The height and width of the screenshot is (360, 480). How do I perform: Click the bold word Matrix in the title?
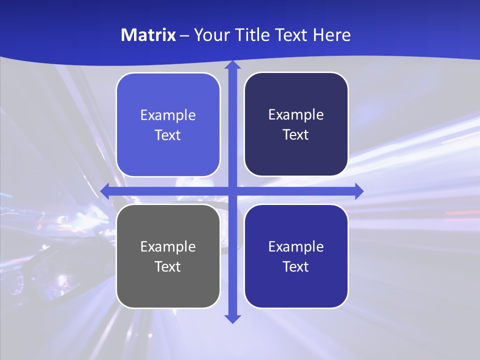coord(148,35)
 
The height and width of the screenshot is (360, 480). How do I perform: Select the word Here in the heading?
coord(331,35)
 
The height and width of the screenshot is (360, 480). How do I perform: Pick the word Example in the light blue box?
coord(168,115)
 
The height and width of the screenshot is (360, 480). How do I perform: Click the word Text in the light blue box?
coord(168,135)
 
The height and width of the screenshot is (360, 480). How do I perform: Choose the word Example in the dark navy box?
coord(296,115)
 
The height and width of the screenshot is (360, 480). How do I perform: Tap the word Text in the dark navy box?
coord(296,134)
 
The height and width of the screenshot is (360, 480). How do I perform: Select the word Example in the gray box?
coord(168,247)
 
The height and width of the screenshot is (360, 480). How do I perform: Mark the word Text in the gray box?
coord(168,266)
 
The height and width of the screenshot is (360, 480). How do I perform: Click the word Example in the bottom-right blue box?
coord(296,247)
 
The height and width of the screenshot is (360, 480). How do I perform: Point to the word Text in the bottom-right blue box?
coord(296,266)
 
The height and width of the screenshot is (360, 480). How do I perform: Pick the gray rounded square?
coord(168,290)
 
